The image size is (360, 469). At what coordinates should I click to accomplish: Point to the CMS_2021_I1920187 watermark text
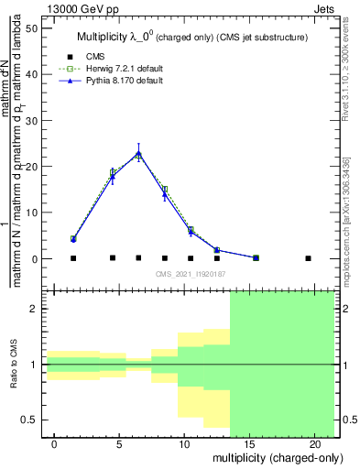coord(191,275)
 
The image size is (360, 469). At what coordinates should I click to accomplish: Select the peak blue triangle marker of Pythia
coord(138,153)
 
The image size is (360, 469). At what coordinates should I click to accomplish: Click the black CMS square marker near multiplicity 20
coord(308,258)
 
